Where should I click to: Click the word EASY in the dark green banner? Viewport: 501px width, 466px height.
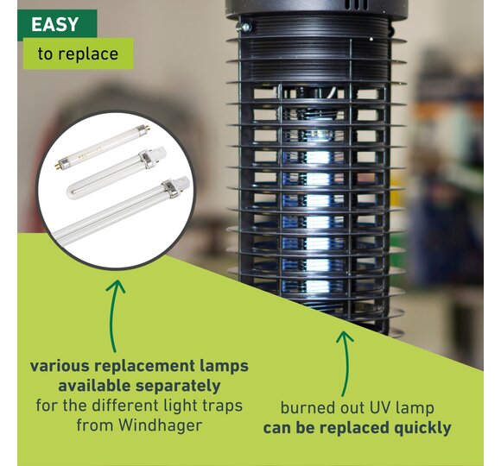pyautogui.click(x=55, y=24)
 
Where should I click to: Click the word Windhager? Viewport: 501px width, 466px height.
pyautogui.click(x=161, y=425)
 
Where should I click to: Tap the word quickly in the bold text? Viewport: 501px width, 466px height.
pyautogui.click(x=422, y=428)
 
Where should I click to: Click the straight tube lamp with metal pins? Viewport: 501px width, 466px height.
pyautogui.click(x=102, y=148)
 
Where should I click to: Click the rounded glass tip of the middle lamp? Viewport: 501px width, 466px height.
pyautogui.click(x=72, y=192)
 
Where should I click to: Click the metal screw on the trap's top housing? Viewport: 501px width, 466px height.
pyautogui.click(x=245, y=27)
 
